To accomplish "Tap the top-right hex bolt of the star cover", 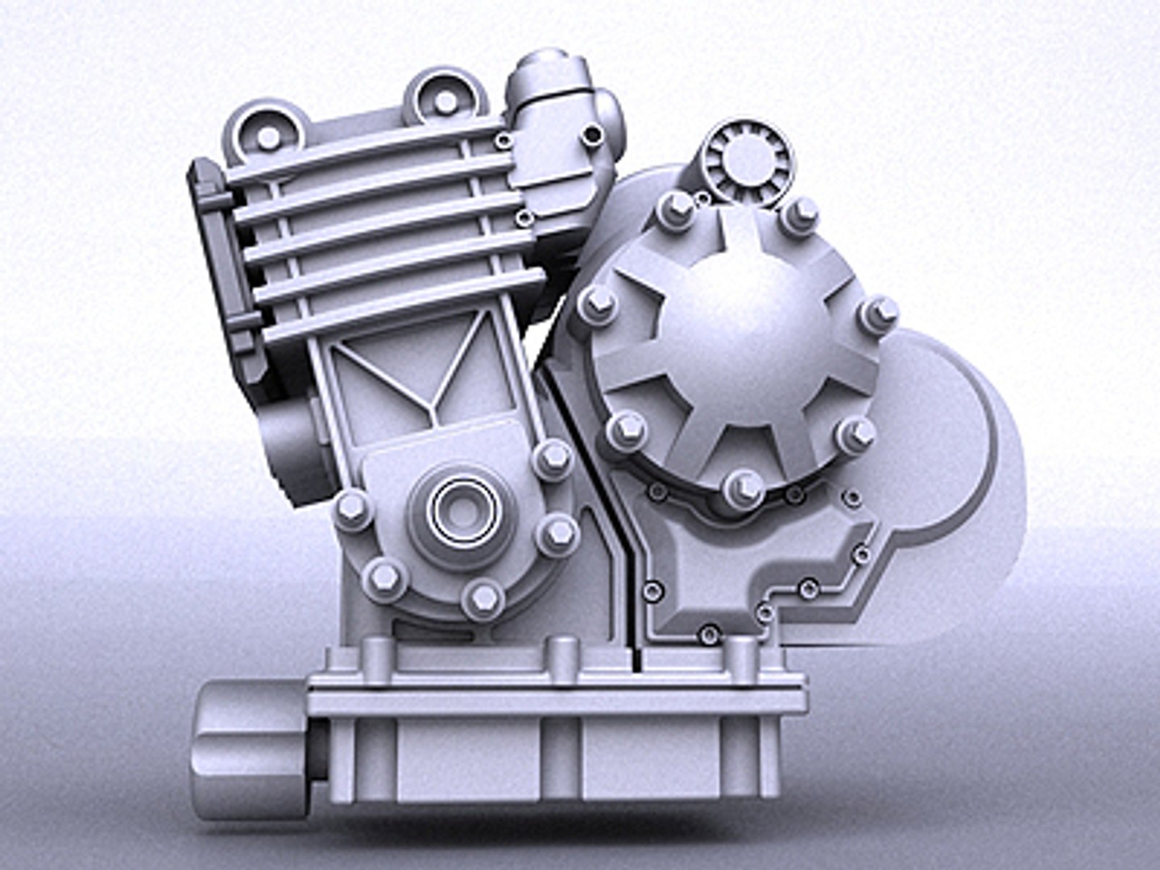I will coord(799,213).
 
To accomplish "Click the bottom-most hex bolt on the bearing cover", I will coord(483,597).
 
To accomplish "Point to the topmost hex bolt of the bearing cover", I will coord(553,458).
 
